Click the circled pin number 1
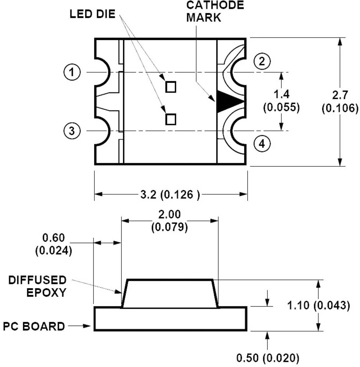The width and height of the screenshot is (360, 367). coord(72,72)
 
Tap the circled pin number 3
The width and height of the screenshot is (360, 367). coord(72,131)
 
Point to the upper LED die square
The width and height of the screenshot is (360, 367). coord(171,87)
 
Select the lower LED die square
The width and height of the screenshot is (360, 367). coord(171,119)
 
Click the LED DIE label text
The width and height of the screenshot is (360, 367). coord(93,15)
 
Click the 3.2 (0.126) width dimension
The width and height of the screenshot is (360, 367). coord(170,194)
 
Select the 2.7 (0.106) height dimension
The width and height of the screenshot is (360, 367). coord(339,102)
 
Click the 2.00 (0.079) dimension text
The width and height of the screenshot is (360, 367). coord(169,221)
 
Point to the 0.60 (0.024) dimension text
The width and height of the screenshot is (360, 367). coord(54,244)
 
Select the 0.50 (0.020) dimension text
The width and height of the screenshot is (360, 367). coord(267,357)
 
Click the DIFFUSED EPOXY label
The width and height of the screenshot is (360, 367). coord(37,286)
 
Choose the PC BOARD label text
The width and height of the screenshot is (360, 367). coord(34,326)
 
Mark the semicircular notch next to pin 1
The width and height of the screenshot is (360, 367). coord(103,72)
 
